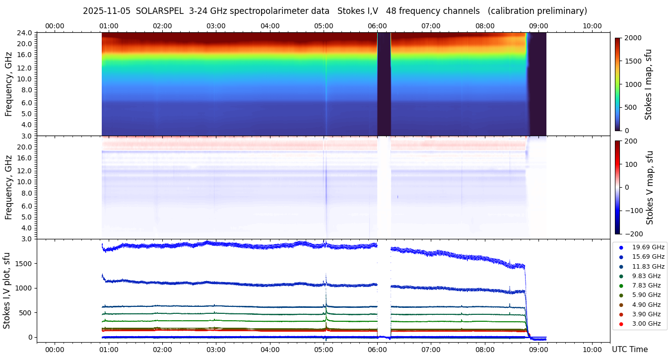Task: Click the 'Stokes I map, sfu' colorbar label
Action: point(648,84)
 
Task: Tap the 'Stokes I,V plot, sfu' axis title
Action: point(7,290)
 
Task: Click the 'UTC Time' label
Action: point(629,349)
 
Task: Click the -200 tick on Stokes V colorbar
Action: point(633,233)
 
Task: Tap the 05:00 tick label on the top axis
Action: point(324,26)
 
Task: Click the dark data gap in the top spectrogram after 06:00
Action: point(384,84)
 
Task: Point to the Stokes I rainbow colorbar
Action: point(617,84)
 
